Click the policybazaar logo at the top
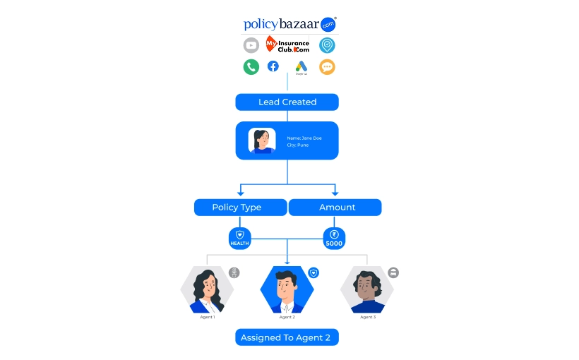[289, 24]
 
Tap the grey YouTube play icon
[251, 45]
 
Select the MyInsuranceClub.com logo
[287, 45]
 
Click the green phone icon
[251, 67]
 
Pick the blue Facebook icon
[273, 66]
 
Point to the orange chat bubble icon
[326, 67]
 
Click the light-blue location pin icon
[326, 45]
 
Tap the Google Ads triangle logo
[302, 67]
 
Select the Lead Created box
[287, 102]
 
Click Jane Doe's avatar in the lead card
[262, 140]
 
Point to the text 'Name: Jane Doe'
[304, 138]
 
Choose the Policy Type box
[240, 208]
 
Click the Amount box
[335, 208]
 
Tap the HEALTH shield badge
[239, 238]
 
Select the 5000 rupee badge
[334, 238]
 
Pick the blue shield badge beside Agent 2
[314, 272]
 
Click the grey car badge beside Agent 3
[393, 272]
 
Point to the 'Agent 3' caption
[368, 317]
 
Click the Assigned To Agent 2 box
[287, 337]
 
